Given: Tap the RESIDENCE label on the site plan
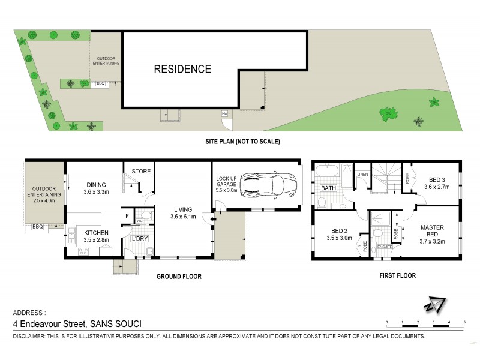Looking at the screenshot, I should coord(182,69).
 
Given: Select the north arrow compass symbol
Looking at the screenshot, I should coord(434,305).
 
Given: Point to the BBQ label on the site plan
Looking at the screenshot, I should coord(100,84).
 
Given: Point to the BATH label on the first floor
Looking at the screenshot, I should coord(328,188).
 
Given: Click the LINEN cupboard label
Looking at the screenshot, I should coord(361,175).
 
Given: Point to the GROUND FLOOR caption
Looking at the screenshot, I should coord(179,277).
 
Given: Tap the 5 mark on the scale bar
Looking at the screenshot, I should coord(464,322).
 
